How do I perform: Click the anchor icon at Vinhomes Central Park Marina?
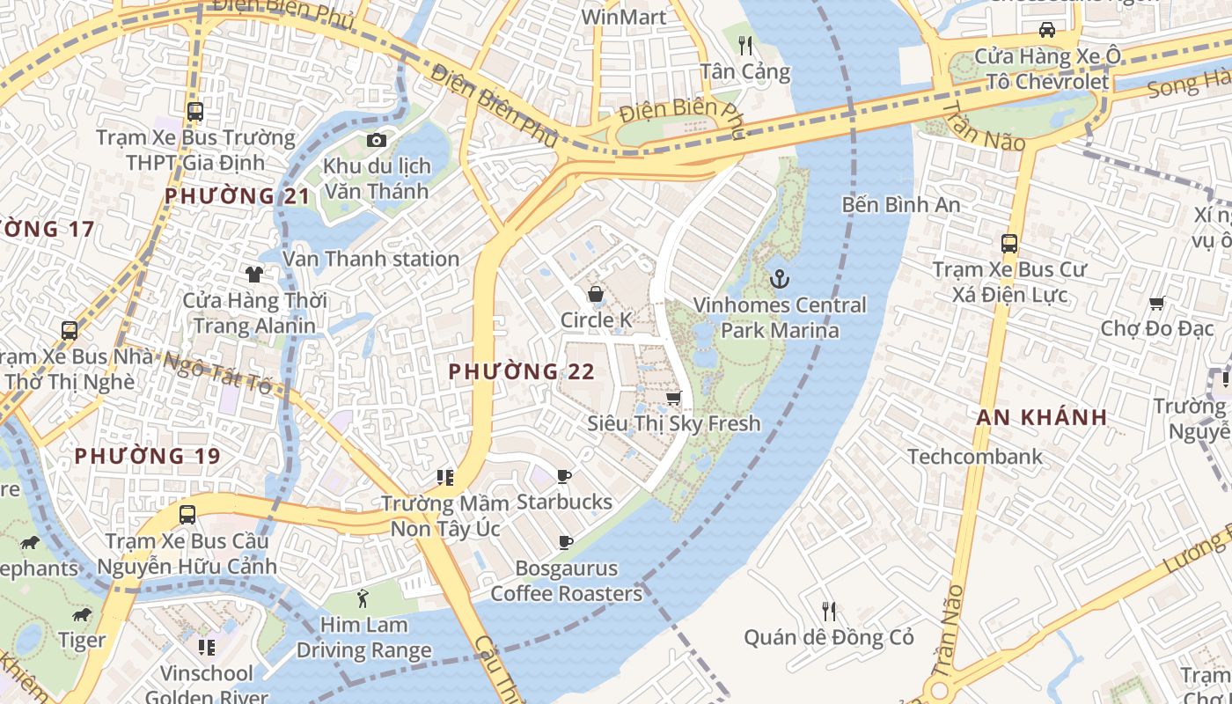coord(779,280)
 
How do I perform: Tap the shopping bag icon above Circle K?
coord(596,294)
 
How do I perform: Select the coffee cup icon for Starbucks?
coord(564,477)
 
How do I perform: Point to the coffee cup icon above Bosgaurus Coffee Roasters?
coord(565,543)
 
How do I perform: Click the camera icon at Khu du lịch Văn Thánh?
coord(377,141)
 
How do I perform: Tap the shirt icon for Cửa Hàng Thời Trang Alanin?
coord(254,275)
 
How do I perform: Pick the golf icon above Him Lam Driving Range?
coord(363,599)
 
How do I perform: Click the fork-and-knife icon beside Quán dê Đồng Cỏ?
coord(828,611)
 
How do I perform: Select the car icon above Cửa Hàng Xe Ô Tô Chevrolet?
coord(1047,30)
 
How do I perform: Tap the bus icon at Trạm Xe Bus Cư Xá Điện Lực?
coord(1009,244)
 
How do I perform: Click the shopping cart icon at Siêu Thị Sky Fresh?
coord(674,399)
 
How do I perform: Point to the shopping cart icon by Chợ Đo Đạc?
coord(1157,304)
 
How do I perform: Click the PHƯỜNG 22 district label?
coord(522,372)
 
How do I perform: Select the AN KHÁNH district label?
coord(1041,418)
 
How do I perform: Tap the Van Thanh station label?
coord(370,259)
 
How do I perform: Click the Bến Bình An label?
coord(900,205)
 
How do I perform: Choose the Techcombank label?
coord(974,457)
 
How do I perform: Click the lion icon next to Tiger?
coord(83,614)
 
